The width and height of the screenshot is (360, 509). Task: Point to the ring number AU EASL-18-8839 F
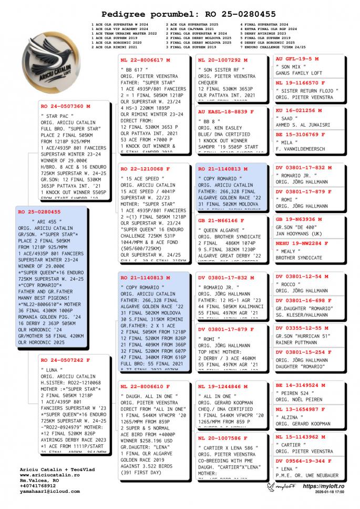[226, 111]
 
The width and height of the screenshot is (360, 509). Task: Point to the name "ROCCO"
[287, 284]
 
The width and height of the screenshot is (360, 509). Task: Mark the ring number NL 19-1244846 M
[223, 386]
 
